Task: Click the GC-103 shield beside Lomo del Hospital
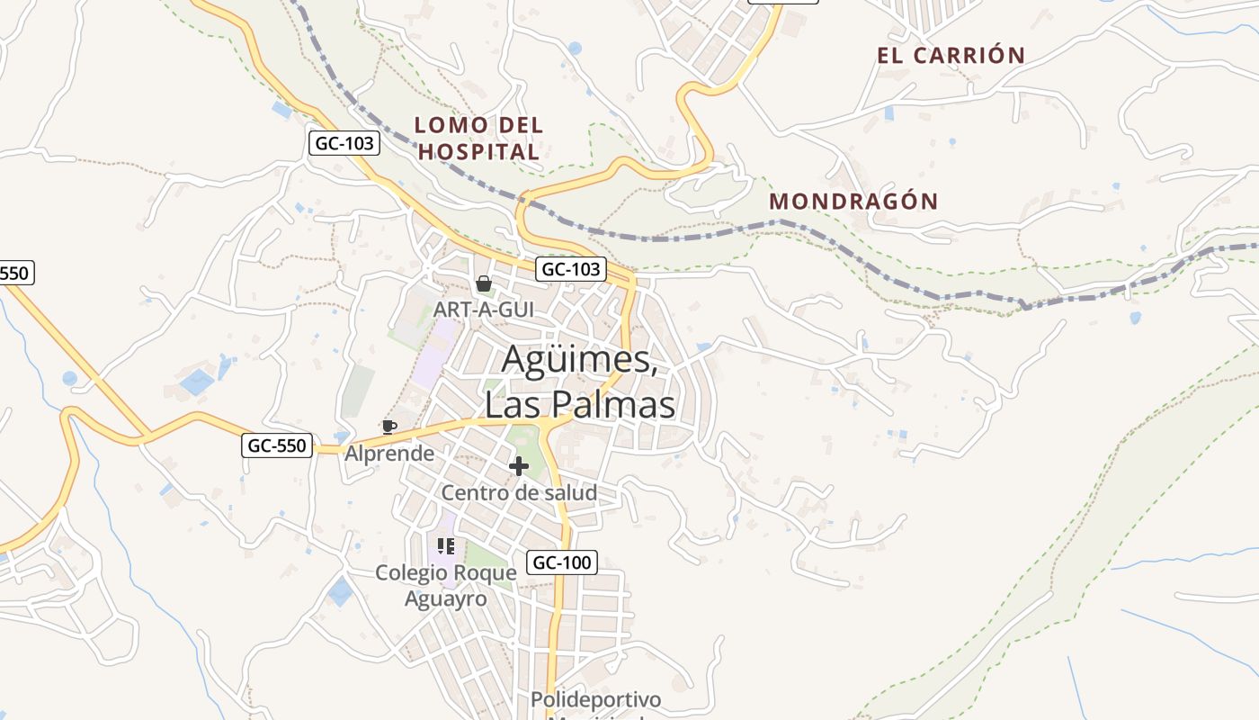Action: tap(344, 143)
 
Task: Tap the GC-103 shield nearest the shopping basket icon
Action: tap(571, 269)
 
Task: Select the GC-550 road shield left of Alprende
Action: tap(277, 445)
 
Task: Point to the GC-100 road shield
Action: tap(561, 562)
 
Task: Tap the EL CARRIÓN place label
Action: tap(951, 56)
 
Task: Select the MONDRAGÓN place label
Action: tap(853, 202)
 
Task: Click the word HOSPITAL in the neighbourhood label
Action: tap(478, 152)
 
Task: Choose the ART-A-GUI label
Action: tap(483, 310)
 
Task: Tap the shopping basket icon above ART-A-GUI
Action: tap(484, 284)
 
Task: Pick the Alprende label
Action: tap(389, 453)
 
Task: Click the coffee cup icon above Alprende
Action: tap(388, 427)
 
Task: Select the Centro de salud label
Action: tap(518, 493)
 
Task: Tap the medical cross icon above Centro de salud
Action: tap(518, 466)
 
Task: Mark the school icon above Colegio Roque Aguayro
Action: tap(445, 546)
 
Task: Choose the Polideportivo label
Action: tap(595, 699)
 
